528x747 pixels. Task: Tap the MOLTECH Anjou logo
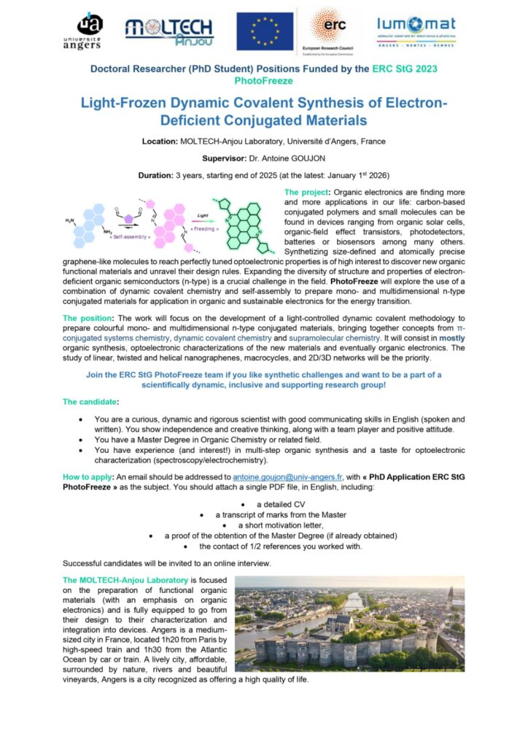[169, 31]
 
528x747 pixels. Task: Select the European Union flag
[264, 31]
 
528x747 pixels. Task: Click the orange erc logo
[331, 28]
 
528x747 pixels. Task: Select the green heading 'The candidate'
[90, 402]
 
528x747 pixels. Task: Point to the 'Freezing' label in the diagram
[205, 228]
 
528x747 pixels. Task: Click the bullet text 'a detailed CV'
[279, 504]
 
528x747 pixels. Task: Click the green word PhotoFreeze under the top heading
[263, 80]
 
